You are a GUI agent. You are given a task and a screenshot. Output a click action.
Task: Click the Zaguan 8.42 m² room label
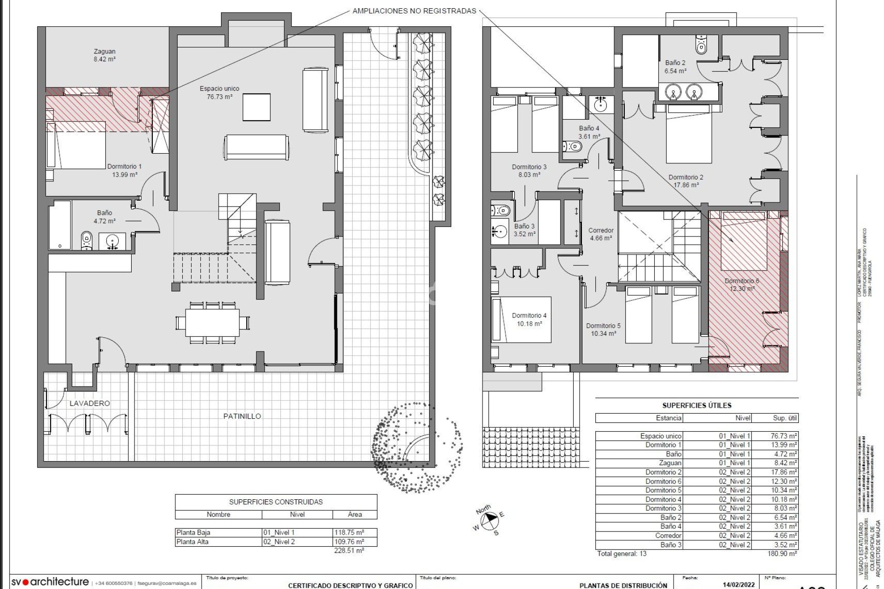click(x=105, y=55)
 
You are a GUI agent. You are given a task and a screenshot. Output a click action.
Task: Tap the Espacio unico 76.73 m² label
click(x=219, y=92)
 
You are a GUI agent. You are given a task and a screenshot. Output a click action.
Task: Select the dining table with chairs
click(x=212, y=322)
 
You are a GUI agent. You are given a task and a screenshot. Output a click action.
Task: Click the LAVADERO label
click(x=90, y=403)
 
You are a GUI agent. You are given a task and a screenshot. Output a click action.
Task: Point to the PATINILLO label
click(x=242, y=416)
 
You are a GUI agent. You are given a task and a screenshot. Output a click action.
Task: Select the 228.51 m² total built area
click(x=349, y=550)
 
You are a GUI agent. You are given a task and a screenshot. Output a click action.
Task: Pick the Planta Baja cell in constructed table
click(x=193, y=532)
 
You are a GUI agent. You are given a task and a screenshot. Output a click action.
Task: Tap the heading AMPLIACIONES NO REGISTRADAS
click(x=414, y=11)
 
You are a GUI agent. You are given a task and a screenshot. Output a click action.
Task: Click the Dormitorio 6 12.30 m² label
click(x=742, y=285)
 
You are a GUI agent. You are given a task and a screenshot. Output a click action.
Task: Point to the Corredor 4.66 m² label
click(x=601, y=234)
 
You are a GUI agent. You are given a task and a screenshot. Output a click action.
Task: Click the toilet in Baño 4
click(x=573, y=147)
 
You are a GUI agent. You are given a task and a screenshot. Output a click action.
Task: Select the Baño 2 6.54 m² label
click(x=675, y=67)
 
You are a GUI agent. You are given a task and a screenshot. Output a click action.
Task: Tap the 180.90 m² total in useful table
click(x=782, y=554)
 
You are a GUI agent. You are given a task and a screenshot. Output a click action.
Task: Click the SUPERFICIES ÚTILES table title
click(x=697, y=405)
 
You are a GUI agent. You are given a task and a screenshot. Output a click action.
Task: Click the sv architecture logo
click(x=50, y=582)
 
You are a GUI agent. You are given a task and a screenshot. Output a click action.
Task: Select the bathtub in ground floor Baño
click(x=60, y=225)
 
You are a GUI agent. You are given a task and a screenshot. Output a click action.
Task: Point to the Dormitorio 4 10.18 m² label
click(x=529, y=319)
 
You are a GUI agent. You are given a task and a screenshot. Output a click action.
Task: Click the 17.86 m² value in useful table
click(x=784, y=472)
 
